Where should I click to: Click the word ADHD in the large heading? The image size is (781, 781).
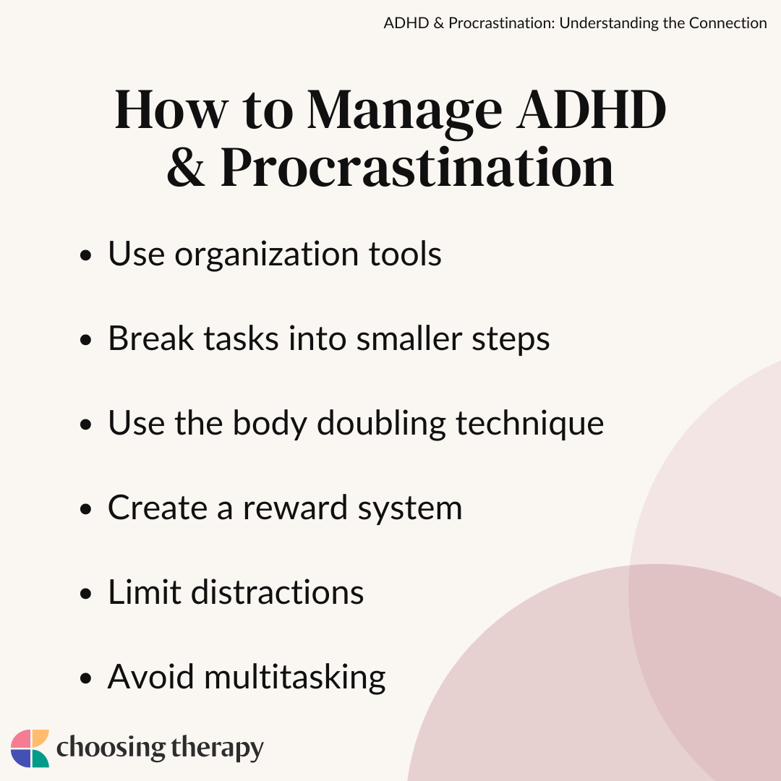point(591,110)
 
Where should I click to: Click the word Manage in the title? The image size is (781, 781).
point(404,114)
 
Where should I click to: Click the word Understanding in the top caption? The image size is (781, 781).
point(608,23)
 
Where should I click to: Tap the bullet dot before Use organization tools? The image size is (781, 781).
point(85,255)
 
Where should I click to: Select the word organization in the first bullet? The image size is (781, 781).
point(267,255)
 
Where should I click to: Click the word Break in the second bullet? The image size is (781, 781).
point(151,338)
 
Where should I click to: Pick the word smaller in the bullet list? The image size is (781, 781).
point(409,338)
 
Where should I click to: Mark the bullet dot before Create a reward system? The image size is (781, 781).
point(85,509)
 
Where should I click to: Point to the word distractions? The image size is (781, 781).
point(278,592)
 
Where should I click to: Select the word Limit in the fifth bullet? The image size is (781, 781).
point(145,592)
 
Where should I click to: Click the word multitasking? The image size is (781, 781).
point(295,678)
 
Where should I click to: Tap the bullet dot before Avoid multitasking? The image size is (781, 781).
point(85,678)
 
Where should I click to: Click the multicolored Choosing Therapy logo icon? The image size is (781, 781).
point(30,748)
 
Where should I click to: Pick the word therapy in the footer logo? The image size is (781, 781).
point(217,748)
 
